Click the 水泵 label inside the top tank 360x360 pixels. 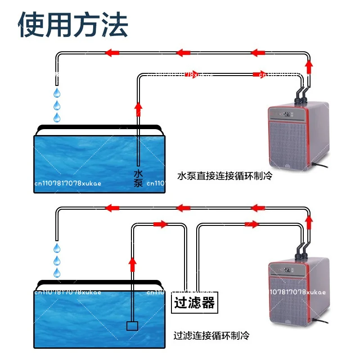click(x=138, y=178)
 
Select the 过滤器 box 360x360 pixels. click(x=195, y=302)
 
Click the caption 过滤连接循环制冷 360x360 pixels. click(x=211, y=336)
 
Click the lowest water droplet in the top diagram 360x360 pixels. click(x=57, y=118)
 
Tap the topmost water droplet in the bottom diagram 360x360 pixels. click(x=57, y=248)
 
